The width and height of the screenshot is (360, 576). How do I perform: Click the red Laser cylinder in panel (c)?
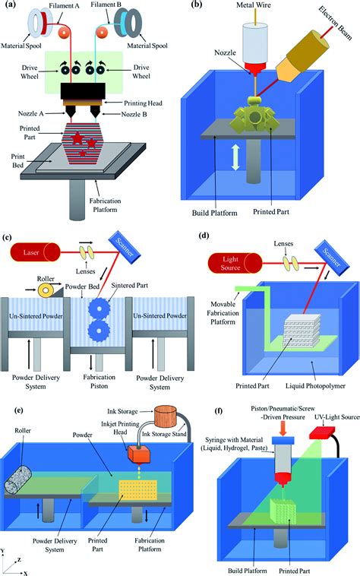36,252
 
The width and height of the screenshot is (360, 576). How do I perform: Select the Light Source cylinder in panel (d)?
235,264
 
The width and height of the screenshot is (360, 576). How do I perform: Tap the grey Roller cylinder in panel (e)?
18,478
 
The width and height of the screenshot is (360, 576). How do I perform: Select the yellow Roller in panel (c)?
45,290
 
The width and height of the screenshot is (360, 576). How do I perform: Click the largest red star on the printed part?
77,138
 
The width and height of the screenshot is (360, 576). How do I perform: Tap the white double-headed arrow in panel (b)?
235,157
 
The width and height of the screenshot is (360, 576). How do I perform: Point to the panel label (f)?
219,410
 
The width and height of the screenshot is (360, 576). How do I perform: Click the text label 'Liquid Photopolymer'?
316,386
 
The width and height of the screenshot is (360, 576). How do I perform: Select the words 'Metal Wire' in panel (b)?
254,5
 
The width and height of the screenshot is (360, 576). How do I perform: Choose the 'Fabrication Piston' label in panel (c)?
99,381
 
